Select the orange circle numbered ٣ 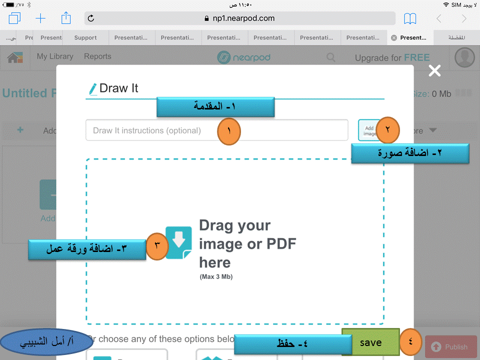click(157, 245)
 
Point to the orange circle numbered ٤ click(411, 342)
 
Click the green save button click(370, 342)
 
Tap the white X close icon click(434, 71)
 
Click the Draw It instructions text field click(150, 130)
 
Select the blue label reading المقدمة click(215, 106)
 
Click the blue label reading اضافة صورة click(410, 153)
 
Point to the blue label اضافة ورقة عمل click(86, 249)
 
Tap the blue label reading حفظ click(292, 344)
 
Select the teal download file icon click(178, 242)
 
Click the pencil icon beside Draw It click(93, 89)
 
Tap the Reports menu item click(97, 56)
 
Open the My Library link click(55, 56)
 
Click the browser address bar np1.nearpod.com click(240, 18)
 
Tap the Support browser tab click(85, 37)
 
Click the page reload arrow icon click(91, 18)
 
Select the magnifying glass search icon click(331, 57)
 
